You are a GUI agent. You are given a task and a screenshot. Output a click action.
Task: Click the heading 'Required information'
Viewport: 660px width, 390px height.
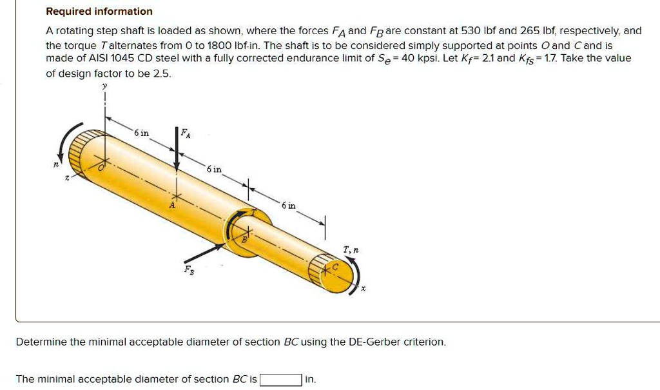[99, 12]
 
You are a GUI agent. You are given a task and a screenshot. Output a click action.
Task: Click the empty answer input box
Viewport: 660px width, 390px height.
[280, 380]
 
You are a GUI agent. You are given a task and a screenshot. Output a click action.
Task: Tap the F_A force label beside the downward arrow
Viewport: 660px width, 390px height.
[186, 133]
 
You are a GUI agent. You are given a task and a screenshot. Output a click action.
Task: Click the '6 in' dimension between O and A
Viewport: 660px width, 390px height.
[141, 133]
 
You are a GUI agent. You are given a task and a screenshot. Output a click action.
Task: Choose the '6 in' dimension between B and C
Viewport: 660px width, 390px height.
[289, 205]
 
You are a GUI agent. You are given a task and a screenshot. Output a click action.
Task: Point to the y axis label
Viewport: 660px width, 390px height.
[104, 86]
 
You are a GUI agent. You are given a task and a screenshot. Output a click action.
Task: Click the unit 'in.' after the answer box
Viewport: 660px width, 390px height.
[310, 380]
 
